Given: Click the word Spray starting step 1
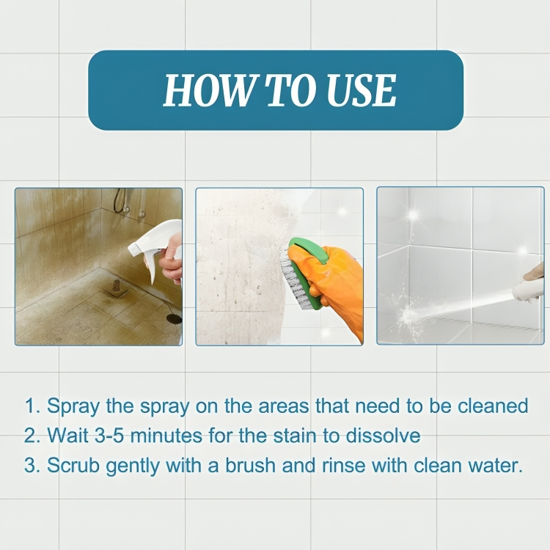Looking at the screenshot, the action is coord(73,406).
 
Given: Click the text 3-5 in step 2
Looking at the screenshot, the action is coord(109,436).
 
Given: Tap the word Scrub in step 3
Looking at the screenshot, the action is coord(73,466).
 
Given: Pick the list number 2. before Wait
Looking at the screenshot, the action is coord(33,436).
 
